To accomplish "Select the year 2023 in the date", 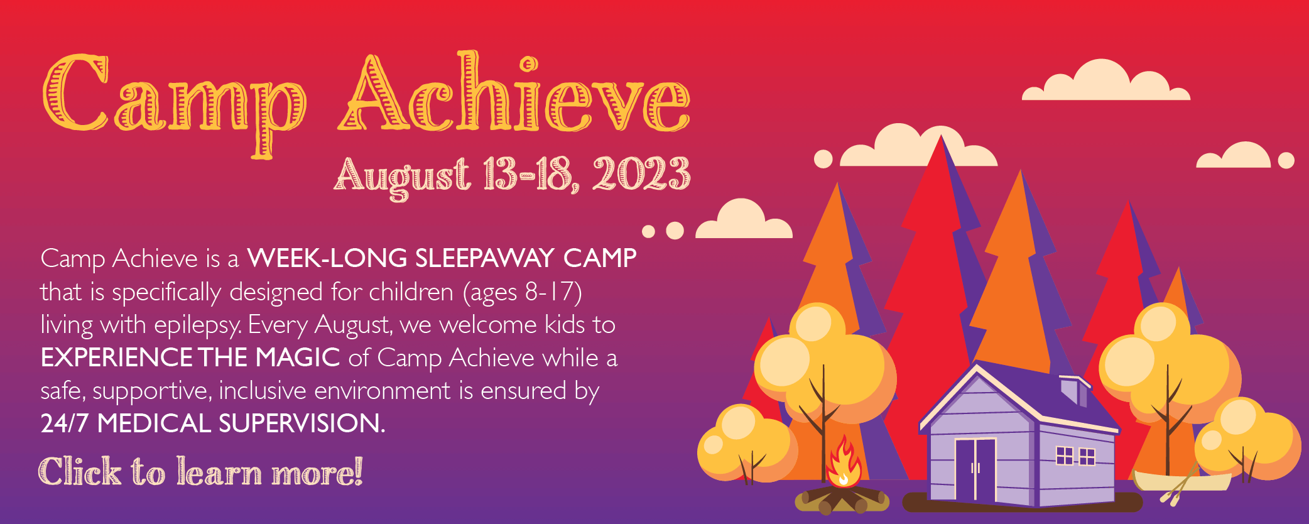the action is pyautogui.click(x=641, y=173).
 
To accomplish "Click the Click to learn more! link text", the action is pyautogui.click(x=201, y=472).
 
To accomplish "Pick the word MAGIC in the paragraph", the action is pyautogui.click(x=297, y=358).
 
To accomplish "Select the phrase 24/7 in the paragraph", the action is pyautogui.click(x=65, y=423).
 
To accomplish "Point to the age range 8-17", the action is pyautogui.click(x=553, y=292).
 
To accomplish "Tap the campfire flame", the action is pyautogui.click(x=844, y=462).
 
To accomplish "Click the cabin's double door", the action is pyautogui.click(x=975, y=469).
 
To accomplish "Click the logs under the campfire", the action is pyautogui.click(x=842, y=499).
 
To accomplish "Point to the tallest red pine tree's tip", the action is pyautogui.click(x=940, y=136).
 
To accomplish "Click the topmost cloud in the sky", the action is pyautogui.click(x=1106, y=80).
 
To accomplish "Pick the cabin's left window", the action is pyautogui.click(x=1065, y=456).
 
